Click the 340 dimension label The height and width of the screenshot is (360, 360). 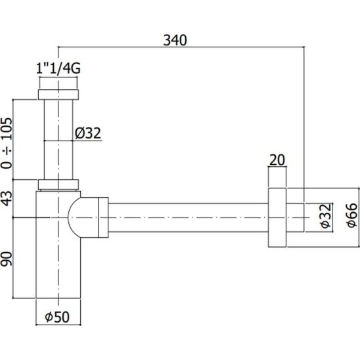coord(175,40)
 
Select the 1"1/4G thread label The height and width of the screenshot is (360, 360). coord(58,68)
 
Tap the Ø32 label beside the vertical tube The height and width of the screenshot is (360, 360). coord(88,133)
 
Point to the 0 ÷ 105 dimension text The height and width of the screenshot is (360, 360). coord(6,143)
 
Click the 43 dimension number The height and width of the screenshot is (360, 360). coord(6,198)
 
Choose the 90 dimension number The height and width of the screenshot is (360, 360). coord(6,259)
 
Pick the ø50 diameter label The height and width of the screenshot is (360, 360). coord(57,317)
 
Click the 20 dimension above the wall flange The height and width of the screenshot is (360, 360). coord(277,160)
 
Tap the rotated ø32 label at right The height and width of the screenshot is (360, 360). coord(326,216)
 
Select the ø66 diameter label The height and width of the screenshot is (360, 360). coord(352,215)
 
